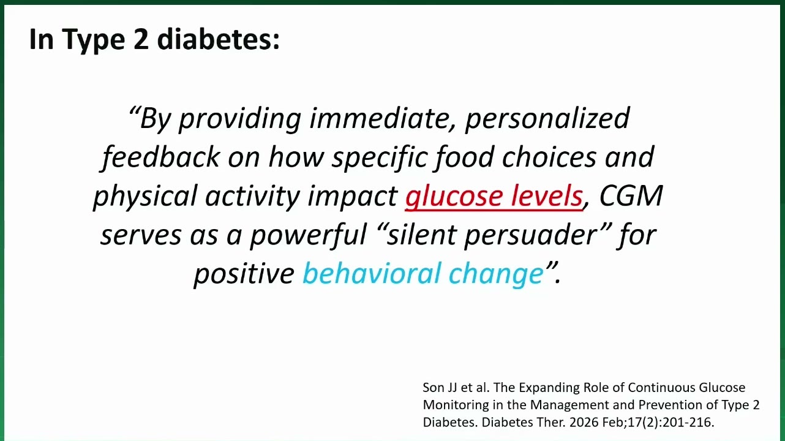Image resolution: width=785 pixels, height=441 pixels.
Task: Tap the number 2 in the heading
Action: pyautogui.click(x=141, y=39)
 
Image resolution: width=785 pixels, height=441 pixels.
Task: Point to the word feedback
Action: pyautogui.click(x=161, y=157)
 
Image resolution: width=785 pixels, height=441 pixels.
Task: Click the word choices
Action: pyautogui.click(x=549, y=157)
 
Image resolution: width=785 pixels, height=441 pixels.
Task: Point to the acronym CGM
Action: pyautogui.click(x=631, y=195)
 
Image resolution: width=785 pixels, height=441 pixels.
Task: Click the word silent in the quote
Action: pyautogui.click(x=421, y=234)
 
